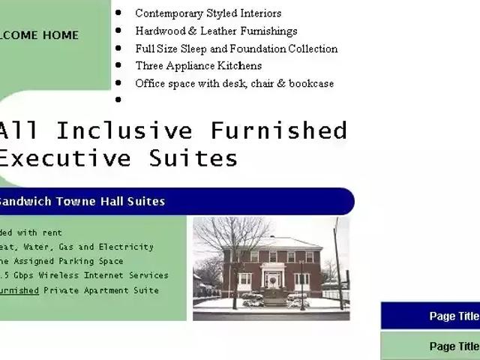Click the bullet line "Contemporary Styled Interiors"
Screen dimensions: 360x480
[208, 13]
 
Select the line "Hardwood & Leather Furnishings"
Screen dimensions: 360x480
[216, 31]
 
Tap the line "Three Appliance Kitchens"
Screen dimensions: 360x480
[198, 66]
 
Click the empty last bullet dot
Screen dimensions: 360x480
[118, 99]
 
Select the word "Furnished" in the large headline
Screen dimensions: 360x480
[278, 130]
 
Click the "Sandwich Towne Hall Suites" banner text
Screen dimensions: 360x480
[81, 201]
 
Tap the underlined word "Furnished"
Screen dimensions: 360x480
[19, 290]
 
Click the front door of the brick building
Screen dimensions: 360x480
[272, 280]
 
